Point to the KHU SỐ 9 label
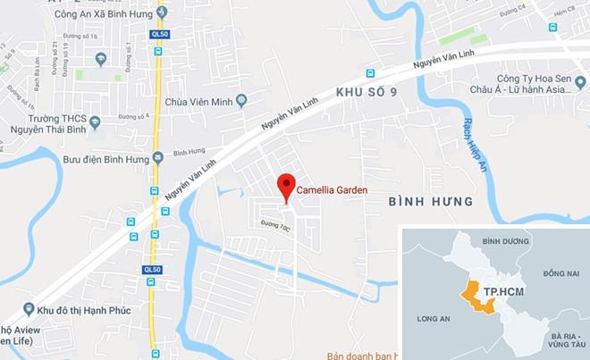366,92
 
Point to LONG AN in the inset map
434,316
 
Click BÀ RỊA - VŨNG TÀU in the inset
557,339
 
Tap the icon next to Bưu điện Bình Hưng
158,158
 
